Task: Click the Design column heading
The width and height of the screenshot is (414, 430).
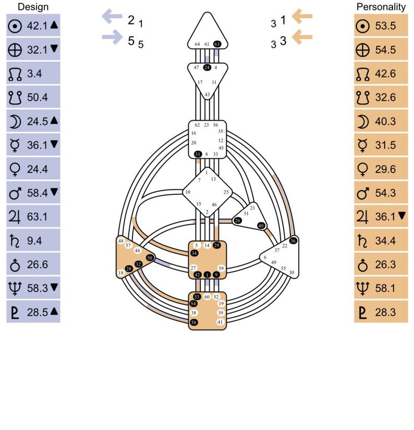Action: [x=33, y=7]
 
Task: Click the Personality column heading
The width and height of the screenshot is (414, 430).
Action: [x=381, y=7]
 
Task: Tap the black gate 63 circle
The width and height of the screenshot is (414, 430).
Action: [x=217, y=44]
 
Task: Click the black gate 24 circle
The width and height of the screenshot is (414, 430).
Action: [x=207, y=67]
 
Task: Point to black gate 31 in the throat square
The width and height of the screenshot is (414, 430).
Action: [x=198, y=154]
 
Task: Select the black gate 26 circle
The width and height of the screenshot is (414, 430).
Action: [x=238, y=221]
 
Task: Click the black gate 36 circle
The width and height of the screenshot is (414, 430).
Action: [x=293, y=241]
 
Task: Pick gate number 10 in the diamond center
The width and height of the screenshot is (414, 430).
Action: [x=187, y=192]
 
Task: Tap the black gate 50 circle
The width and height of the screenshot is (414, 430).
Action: [x=150, y=258]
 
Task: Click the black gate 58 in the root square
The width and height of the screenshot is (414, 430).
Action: [x=194, y=322]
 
